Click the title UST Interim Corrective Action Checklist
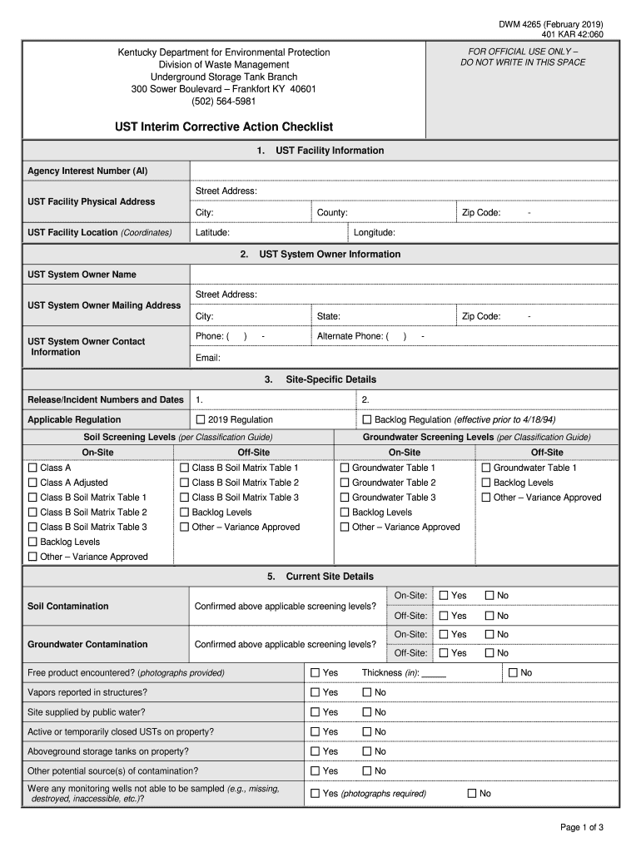click(x=224, y=126)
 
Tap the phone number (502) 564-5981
click(x=223, y=102)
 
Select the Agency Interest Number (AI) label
click(x=87, y=171)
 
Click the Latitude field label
click(x=212, y=233)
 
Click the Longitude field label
click(x=374, y=233)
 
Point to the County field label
click(x=332, y=212)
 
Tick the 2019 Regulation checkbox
click(x=201, y=419)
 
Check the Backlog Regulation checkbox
click(x=366, y=419)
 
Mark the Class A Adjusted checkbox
click(x=32, y=483)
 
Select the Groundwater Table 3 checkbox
click(x=344, y=498)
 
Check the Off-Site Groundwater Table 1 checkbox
click(x=486, y=468)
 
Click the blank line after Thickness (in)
click(x=434, y=673)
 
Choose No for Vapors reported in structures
click(x=367, y=692)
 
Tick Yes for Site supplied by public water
click(x=316, y=712)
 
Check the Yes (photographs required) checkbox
click(x=316, y=794)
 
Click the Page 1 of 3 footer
click(x=581, y=827)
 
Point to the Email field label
click(x=207, y=358)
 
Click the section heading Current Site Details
click(x=320, y=576)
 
